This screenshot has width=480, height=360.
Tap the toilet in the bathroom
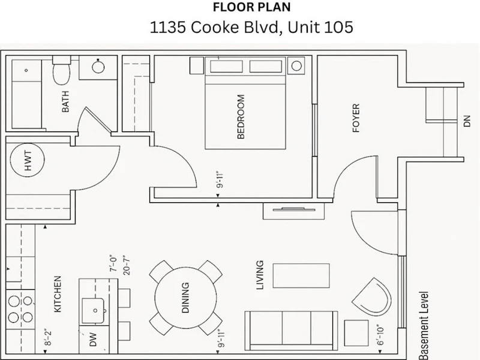click(62, 70)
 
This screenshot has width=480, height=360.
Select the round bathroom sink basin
click(98, 67)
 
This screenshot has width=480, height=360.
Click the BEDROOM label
click(241, 116)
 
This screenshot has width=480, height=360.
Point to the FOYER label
click(356, 118)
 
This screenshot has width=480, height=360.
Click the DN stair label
click(467, 121)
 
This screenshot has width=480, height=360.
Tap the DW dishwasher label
click(93, 340)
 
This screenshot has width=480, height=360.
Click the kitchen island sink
click(94, 311)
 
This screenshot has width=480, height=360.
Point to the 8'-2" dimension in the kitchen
click(47, 338)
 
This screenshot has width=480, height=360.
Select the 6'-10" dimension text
click(380, 335)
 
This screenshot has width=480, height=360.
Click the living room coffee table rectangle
click(301, 275)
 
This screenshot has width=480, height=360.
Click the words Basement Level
click(424, 325)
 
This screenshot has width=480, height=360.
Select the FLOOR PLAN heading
click(251, 7)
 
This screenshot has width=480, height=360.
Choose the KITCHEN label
click(58, 294)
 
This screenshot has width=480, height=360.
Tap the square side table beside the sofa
click(356, 333)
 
